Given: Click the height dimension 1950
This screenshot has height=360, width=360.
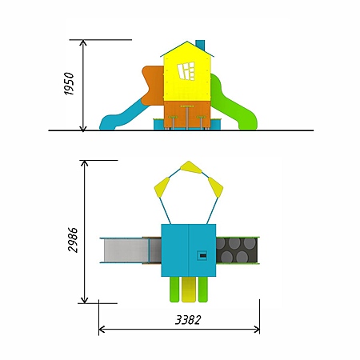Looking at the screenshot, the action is pos(69,83).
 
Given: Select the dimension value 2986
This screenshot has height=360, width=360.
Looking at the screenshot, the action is pos(73,239).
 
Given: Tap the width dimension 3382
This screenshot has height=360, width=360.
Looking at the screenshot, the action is pos(188,320).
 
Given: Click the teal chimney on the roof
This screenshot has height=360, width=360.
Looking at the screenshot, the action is pos(200,46).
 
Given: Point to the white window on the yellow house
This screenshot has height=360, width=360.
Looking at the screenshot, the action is pos(186,71).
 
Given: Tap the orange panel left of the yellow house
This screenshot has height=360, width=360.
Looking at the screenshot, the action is pos(153,86).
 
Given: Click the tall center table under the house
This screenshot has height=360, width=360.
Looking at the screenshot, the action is pos(187,117).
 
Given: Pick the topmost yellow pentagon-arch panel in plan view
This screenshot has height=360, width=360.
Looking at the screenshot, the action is pos(190,167).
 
